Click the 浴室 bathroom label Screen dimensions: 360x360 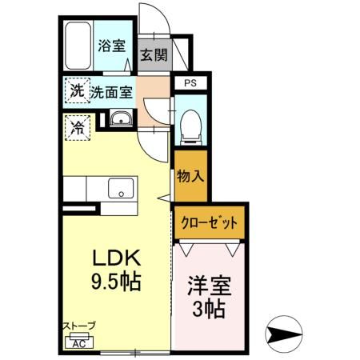tap(111, 46)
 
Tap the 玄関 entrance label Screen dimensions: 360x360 tap(154, 55)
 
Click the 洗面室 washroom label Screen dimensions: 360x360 tap(111, 91)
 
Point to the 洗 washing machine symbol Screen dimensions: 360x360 tap(77, 90)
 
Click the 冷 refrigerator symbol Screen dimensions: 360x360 tap(78, 126)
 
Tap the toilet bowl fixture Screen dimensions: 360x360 tap(190, 126)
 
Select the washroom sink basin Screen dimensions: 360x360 tap(122, 121)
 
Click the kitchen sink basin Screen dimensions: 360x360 tap(121, 190)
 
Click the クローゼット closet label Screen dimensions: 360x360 tap(210, 223)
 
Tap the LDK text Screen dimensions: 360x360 tap(118, 259)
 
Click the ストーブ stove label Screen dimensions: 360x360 tap(79, 326)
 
